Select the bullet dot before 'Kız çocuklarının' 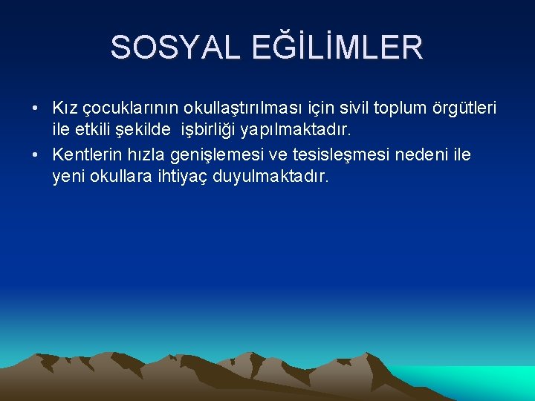point(36,109)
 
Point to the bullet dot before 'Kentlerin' point(36,155)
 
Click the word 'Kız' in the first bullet point(63,109)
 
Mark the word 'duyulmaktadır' point(275,178)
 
